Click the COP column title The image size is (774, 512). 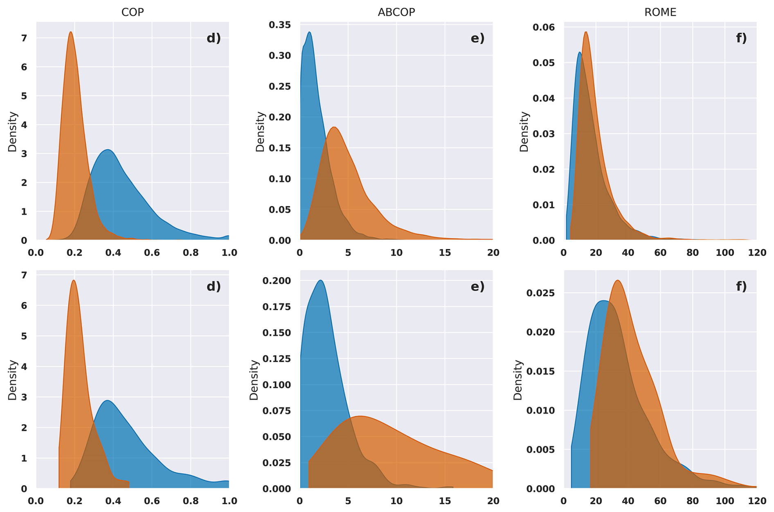[133, 12]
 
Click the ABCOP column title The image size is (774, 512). [396, 12]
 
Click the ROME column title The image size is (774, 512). [660, 12]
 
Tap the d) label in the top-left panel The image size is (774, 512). [214, 38]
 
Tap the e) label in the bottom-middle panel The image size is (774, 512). [477, 287]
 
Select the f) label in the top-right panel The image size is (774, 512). [741, 38]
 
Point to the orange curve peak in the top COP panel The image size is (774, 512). [71, 32]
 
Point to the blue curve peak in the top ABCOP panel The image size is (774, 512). [309, 32]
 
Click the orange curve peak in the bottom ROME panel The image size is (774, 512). [617, 281]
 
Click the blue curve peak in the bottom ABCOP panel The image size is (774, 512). [321, 281]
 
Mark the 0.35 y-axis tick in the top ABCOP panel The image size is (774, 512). [280, 25]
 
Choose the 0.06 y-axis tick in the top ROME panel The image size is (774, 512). [544, 27]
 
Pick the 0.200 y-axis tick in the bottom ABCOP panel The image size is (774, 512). [277, 281]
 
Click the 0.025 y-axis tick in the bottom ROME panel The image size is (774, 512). [540, 293]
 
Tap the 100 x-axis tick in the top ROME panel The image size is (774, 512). [724, 253]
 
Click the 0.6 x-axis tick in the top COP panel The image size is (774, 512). [152, 253]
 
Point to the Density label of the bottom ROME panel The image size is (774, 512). [518, 380]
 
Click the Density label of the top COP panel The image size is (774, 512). [13, 131]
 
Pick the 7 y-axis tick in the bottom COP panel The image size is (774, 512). [24, 275]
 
